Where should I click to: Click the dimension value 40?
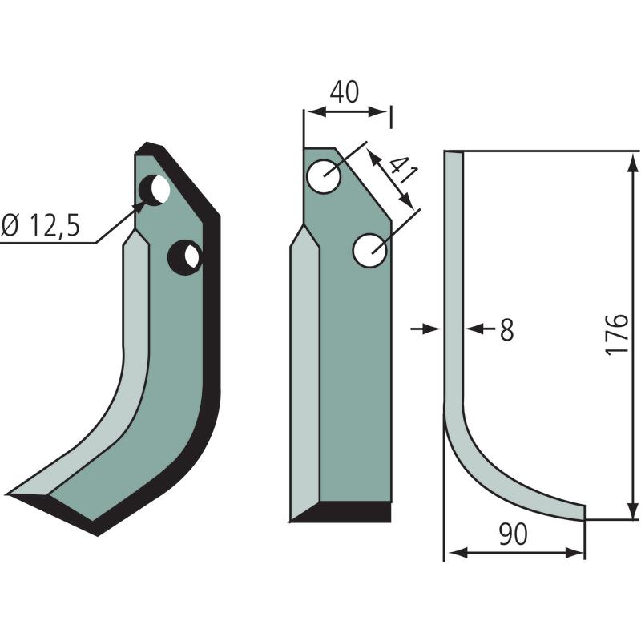pos(345,92)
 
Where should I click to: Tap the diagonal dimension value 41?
pos(402,170)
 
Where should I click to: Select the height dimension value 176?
pos(616,334)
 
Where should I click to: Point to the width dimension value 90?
pos(513,534)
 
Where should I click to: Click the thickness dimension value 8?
pos(506,329)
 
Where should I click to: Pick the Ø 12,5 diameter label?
pos(41,226)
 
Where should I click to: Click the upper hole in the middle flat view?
pos(324,176)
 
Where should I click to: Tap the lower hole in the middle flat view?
pos(369,251)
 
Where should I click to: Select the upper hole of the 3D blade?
pos(154,190)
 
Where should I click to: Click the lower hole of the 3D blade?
pos(185,257)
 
